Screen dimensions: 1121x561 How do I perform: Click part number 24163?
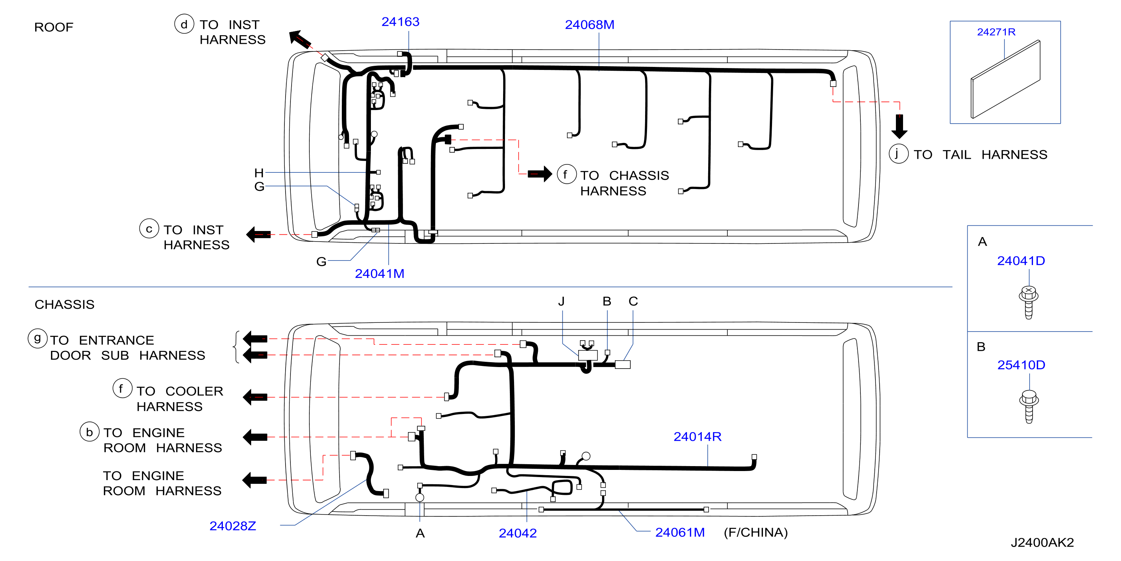[400, 22]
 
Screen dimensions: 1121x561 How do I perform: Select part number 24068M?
[590, 25]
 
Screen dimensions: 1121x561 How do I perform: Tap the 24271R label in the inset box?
[996, 32]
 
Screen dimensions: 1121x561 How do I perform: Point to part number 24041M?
[380, 274]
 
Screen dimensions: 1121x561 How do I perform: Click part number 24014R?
[698, 436]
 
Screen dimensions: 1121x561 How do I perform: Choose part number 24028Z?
[233, 526]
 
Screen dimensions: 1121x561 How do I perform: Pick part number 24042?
[517, 533]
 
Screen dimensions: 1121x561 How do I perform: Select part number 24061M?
[680, 532]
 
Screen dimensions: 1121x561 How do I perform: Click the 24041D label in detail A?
[1021, 260]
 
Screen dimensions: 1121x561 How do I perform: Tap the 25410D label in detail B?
[1021, 364]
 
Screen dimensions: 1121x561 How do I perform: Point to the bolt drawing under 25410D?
[1029, 406]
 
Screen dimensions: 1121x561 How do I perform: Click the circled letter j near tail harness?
[898, 154]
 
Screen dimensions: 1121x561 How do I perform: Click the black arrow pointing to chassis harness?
[540, 174]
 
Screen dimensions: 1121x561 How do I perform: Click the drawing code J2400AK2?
[1042, 543]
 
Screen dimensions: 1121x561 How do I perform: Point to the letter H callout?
[259, 173]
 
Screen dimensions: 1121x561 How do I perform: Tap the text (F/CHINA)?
[755, 532]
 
